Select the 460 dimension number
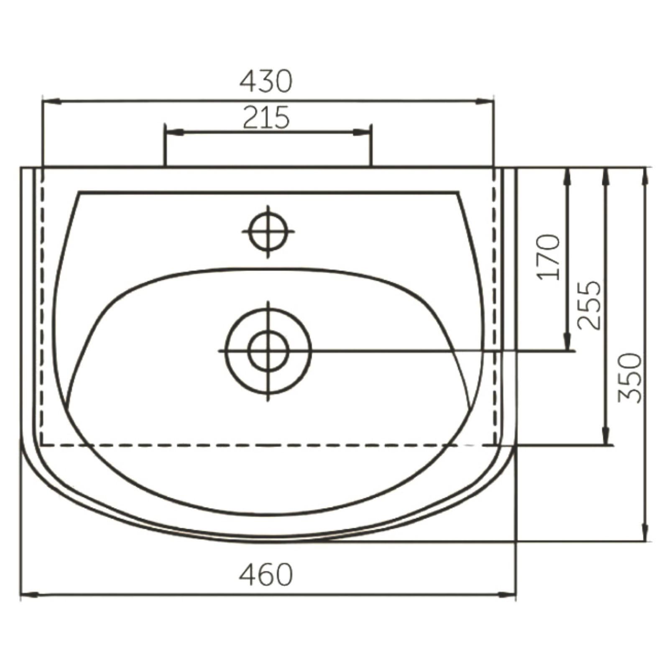(266, 575)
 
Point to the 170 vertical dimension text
(549, 257)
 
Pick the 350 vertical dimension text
(630, 378)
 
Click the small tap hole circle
(268, 231)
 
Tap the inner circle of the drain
(268, 351)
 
